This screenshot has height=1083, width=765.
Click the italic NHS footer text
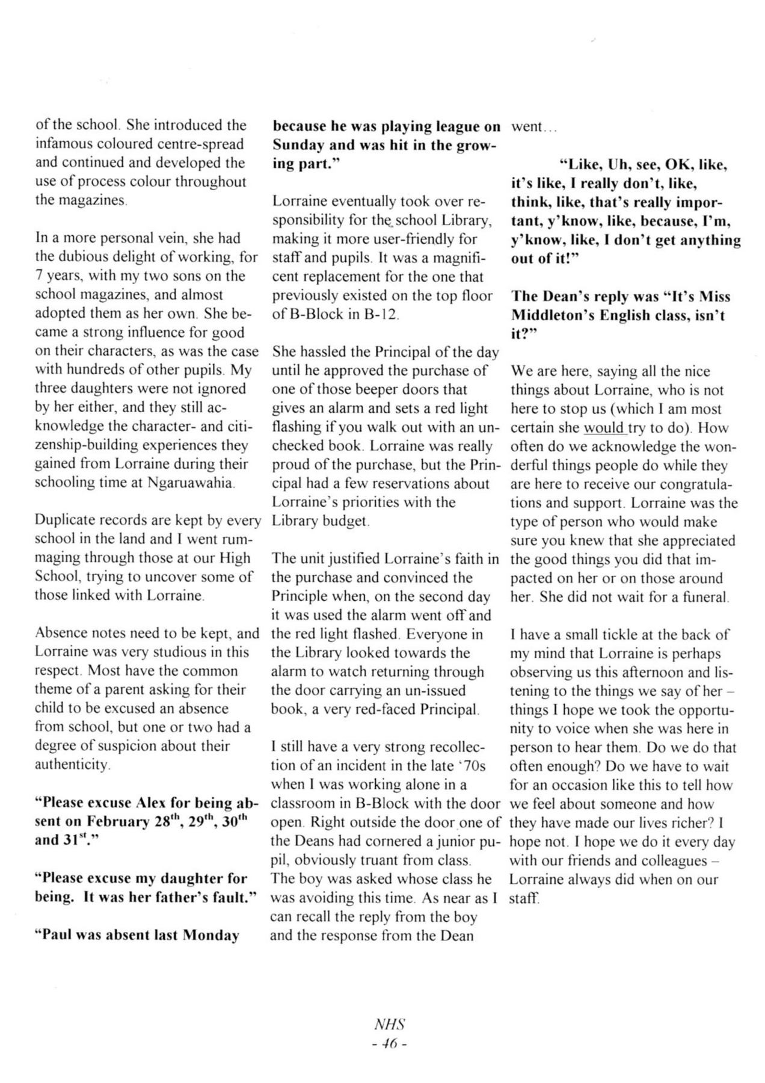(390, 1024)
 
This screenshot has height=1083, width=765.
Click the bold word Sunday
(298, 146)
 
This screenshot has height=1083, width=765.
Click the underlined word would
(604, 428)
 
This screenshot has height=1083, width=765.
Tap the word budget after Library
(347, 521)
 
